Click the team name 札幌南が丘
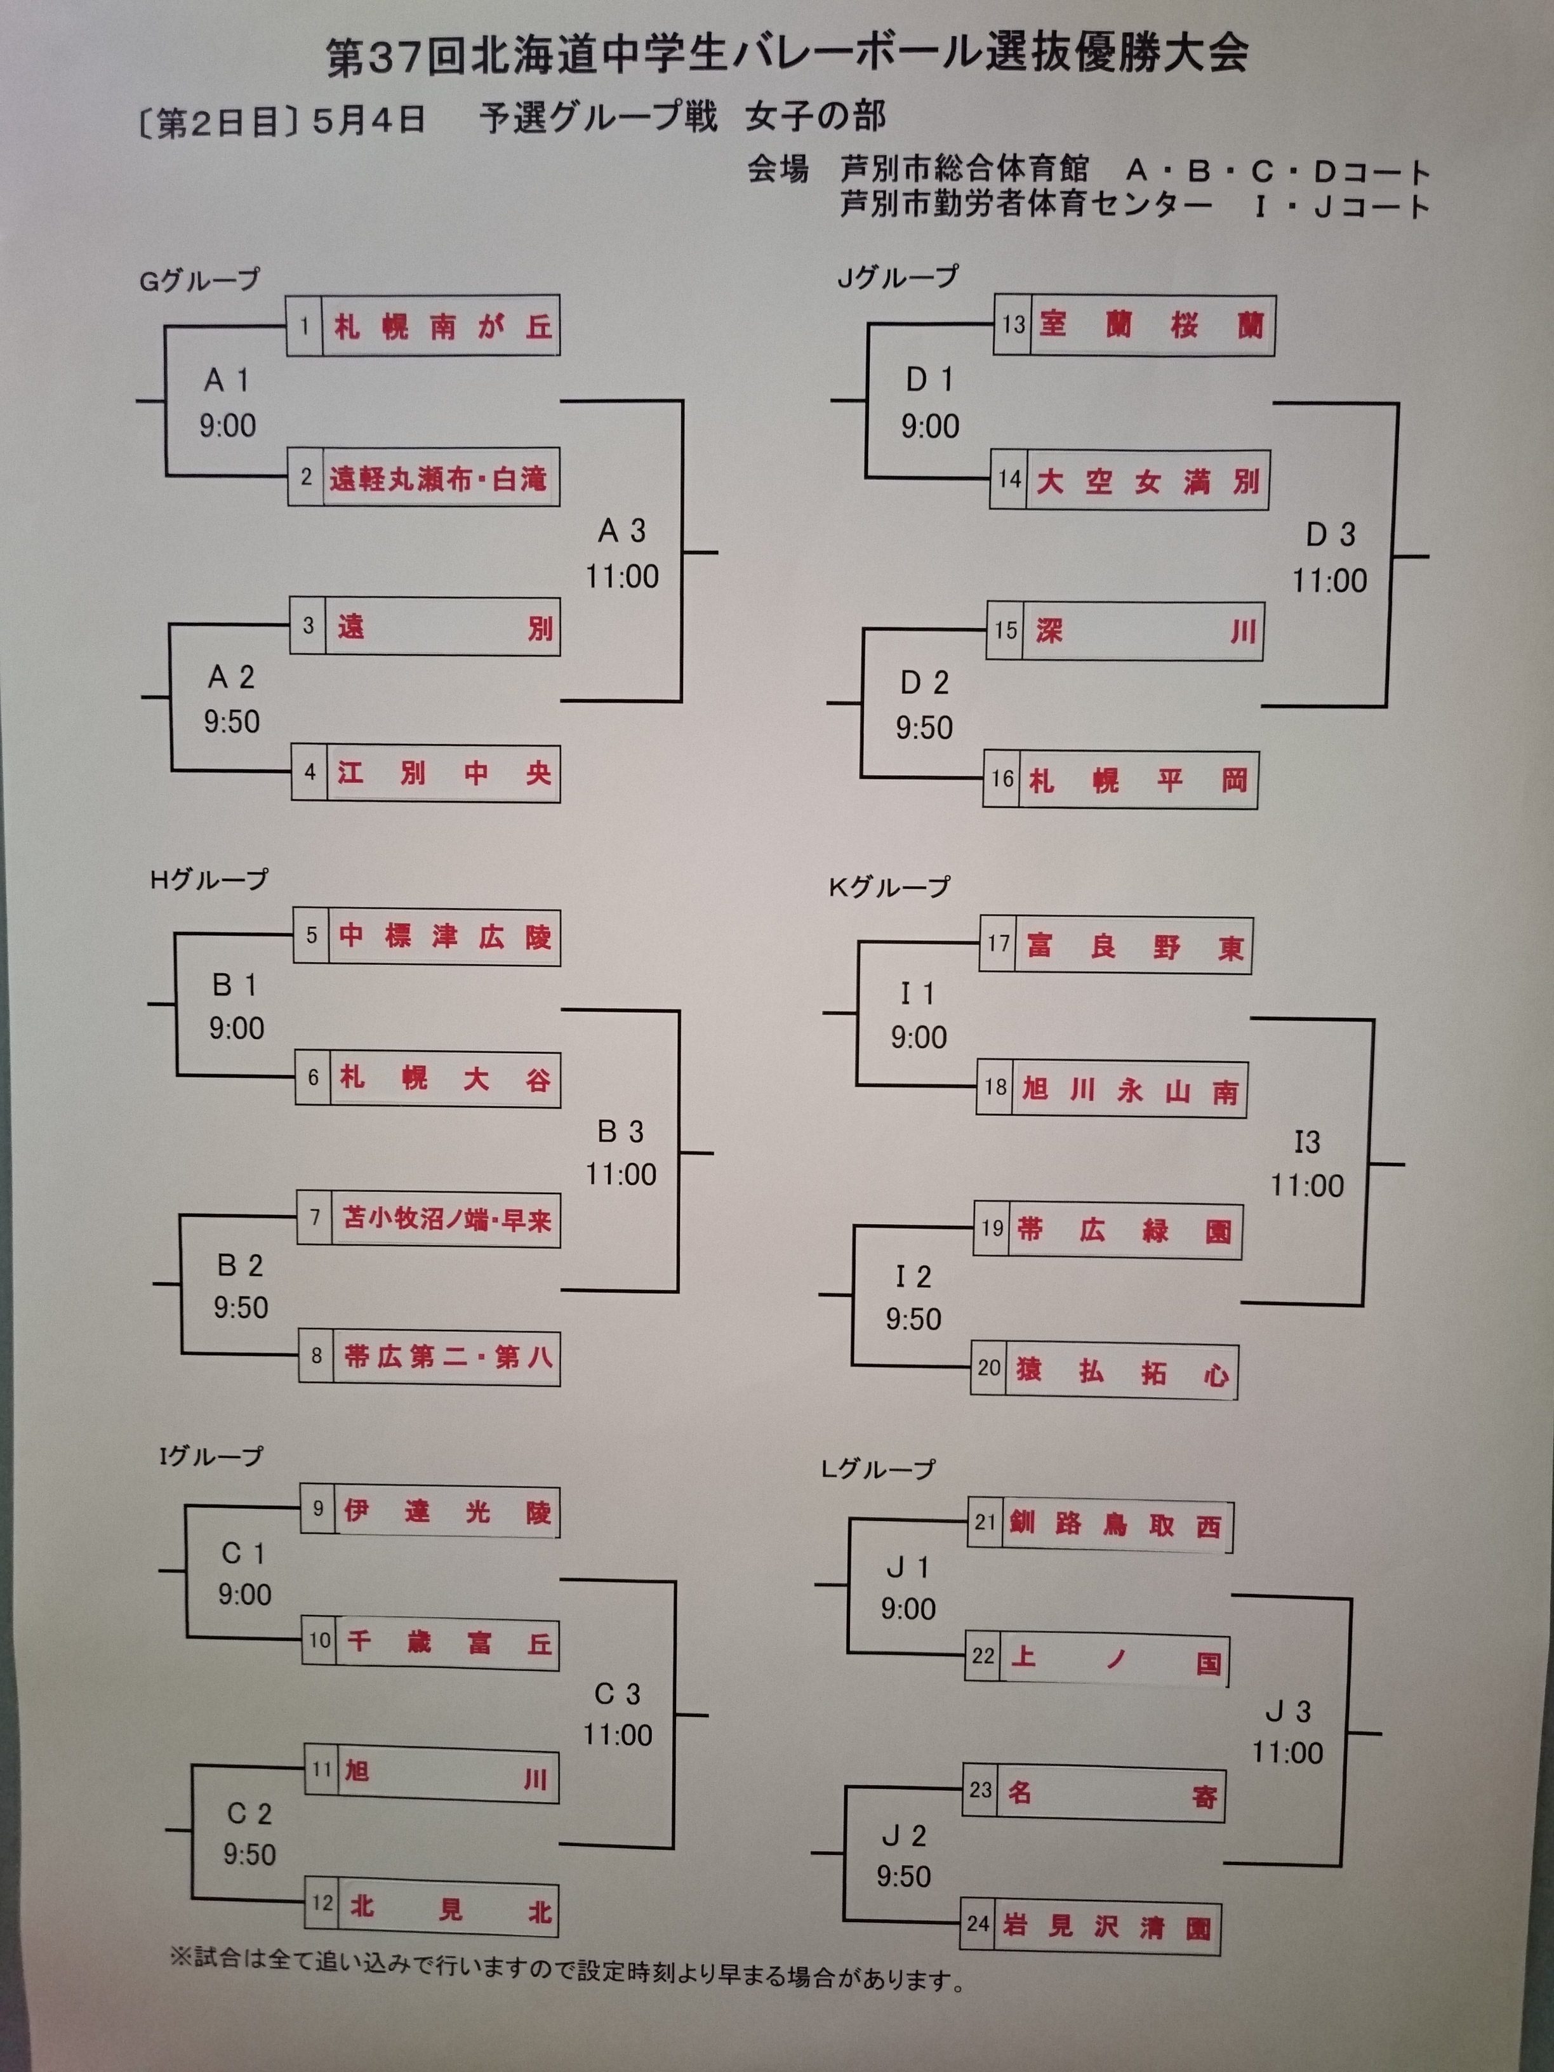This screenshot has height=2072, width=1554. (441, 327)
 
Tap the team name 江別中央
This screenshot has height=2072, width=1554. (443, 774)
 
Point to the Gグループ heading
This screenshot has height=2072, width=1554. (199, 280)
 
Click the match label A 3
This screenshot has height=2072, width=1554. (622, 532)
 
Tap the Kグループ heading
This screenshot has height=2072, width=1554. (889, 887)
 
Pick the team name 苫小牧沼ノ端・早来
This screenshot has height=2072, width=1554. (446, 1219)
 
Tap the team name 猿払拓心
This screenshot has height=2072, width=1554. (1121, 1373)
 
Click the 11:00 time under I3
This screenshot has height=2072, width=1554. (1306, 1186)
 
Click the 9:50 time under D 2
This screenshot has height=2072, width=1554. (924, 728)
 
